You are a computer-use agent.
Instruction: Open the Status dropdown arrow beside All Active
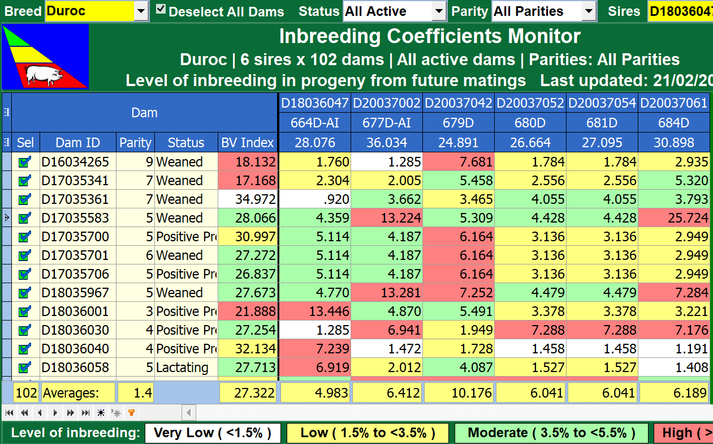point(439,11)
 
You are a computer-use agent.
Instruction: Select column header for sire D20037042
point(459,103)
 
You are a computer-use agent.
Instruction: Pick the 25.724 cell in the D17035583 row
point(674,218)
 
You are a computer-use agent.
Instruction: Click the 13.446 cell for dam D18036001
point(315,311)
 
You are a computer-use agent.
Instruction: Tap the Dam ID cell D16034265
point(75,162)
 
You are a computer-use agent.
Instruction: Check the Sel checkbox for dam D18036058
point(24,368)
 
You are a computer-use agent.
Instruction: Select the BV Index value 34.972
point(248,199)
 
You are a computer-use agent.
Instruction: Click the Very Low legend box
point(213,433)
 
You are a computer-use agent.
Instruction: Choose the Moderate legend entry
point(551,433)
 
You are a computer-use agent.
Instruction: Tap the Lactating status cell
point(182,368)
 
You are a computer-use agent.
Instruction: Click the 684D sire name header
point(673,123)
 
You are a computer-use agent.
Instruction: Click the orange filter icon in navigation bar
point(131,412)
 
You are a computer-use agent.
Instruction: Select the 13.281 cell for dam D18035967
point(387,293)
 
